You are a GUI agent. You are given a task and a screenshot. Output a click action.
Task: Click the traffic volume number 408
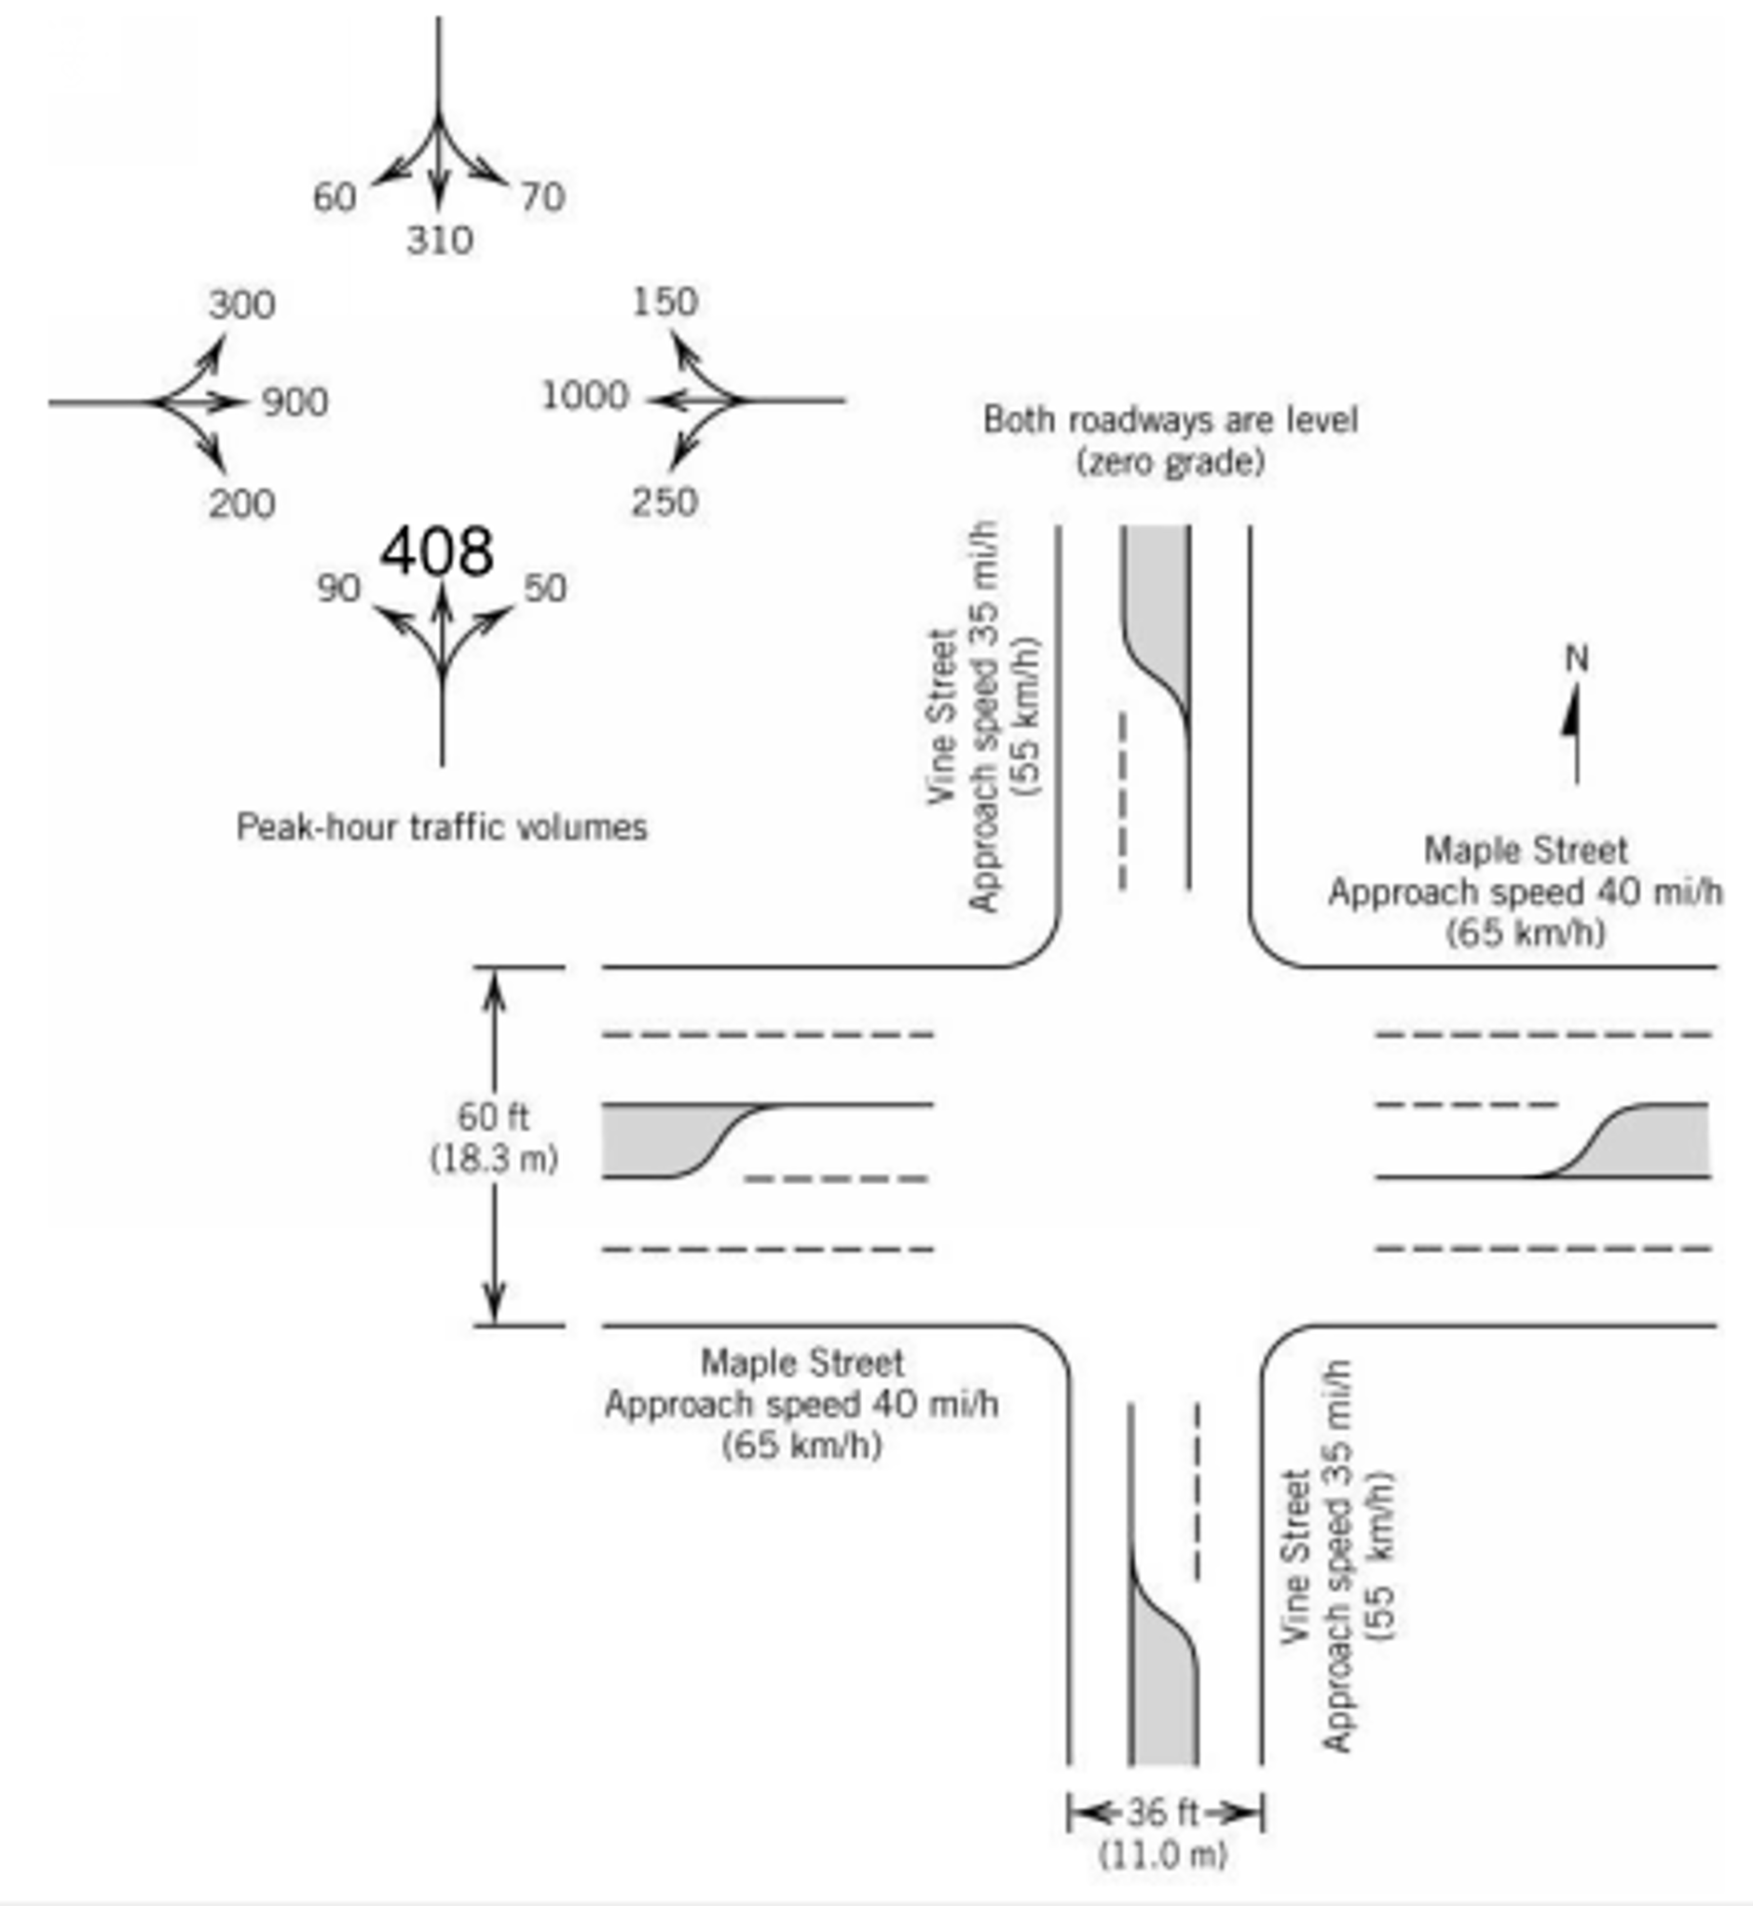pos(437,551)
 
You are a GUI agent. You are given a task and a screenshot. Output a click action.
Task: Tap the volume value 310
pos(440,241)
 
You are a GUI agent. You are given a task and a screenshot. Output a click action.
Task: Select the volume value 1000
pos(585,395)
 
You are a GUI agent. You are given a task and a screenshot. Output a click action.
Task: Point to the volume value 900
pos(295,403)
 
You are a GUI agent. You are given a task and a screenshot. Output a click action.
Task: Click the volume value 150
pos(665,303)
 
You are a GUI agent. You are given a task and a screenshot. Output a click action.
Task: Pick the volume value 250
pos(665,501)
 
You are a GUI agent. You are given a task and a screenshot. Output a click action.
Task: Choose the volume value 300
pos(242,306)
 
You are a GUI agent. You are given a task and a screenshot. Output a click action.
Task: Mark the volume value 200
pos(242,504)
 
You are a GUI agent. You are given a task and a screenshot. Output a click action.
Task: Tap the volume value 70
pos(542,198)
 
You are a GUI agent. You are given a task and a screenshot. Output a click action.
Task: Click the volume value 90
pos(338,589)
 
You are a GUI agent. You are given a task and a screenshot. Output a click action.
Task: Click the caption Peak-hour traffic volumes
pos(441,827)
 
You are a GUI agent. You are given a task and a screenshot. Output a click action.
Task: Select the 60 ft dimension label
pos(493,1117)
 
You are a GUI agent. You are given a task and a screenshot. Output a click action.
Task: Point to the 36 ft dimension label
pos(1163,1813)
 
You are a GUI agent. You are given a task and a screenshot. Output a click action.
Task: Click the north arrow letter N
pos(1577,658)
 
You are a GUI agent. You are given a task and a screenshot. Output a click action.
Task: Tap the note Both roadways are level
pos(1171,420)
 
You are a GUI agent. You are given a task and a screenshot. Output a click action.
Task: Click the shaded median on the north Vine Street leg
pos(1157,597)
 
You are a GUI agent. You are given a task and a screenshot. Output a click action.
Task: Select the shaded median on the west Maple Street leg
pos(654,1141)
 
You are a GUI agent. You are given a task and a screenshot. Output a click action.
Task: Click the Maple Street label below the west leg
pos(801,1364)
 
